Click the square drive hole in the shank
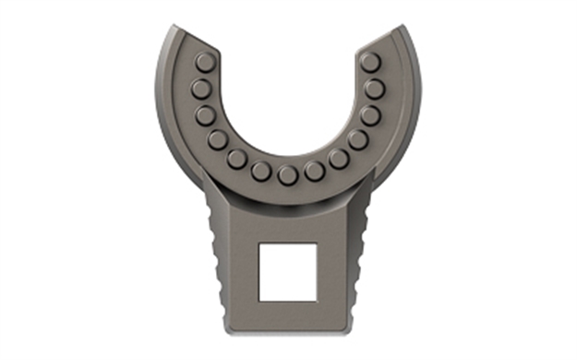pyautogui.click(x=288, y=271)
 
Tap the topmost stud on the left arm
pyautogui.click(x=206, y=64)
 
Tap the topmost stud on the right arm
pyautogui.click(x=370, y=62)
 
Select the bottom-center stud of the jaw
pyautogui.click(x=288, y=174)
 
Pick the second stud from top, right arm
pyautogui.click(x=374, y=89)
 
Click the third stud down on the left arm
pyautogui.click(x=207, y=115)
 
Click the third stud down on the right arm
pyautogui.click(x=370, y=115)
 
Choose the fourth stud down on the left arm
pyautogui.click(x=218, y=139)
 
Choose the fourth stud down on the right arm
pyautogui.click(x=358, y=139)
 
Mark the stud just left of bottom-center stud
pyautogui.click(x=261, y=171)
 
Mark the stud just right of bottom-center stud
pyautogui.click(x=316, y=171)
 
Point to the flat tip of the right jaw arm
pyautogui.click(x=382, y=35)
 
